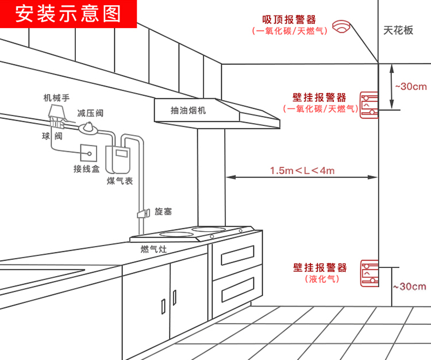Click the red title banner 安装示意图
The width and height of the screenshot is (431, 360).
(x=68, y=14)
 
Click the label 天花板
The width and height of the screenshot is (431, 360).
(x=398, y=30)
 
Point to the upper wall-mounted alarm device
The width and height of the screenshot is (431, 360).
(x=369, y=104)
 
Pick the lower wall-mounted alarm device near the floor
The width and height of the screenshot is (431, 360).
(x=369, y=273)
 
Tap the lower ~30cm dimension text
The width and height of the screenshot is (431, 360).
(x=410, y=286)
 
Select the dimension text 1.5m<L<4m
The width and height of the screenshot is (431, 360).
(x=302, y=171)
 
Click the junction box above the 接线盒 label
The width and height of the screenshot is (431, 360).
(x=88, y=152)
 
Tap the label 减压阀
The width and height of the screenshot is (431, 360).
(x=90, y=112)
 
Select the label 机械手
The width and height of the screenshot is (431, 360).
(x=56, y=97)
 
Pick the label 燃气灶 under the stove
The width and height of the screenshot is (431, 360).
(x=153, y=249)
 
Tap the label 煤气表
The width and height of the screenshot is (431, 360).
(x=120, y=181)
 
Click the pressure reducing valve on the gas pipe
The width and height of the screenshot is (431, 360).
(x=90, y=127)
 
